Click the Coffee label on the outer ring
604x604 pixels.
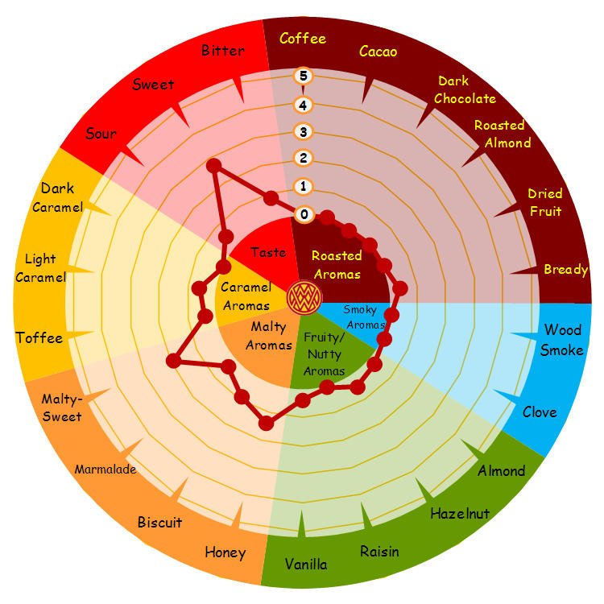303,38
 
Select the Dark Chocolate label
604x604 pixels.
465,90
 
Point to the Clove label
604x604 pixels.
540,412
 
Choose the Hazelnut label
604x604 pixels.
460,513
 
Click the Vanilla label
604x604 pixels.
306,564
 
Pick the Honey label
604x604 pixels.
225,552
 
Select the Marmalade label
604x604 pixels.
105,470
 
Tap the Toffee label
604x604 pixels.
39,337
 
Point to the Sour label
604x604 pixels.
101,134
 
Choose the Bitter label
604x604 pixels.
223,51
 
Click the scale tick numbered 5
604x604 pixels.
304,77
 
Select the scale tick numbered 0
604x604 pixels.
304,214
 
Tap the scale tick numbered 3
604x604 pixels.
304,131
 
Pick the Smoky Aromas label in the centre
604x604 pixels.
364,316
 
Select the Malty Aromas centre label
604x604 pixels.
269,336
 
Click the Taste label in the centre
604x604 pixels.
268,253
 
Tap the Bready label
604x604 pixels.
565,270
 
